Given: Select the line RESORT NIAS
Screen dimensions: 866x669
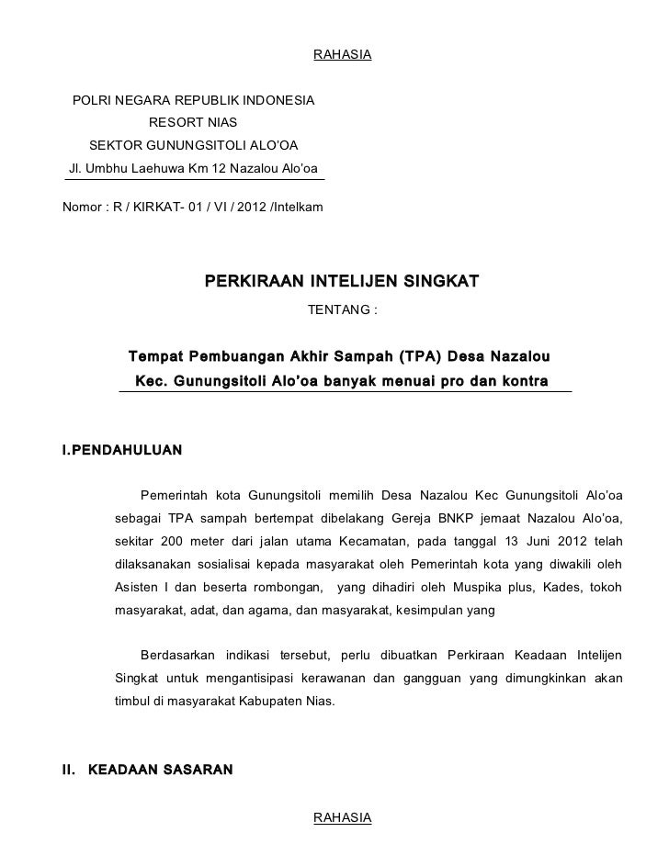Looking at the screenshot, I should [x=192, y=122].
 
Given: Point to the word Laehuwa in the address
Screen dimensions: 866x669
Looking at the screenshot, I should [x=156, y=168].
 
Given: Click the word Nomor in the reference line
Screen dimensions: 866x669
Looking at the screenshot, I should [x=81, y=206].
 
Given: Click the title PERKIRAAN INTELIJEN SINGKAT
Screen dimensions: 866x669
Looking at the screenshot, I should [x=341, y=279].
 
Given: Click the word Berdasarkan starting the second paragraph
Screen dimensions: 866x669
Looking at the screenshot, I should [x=178, y=655].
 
